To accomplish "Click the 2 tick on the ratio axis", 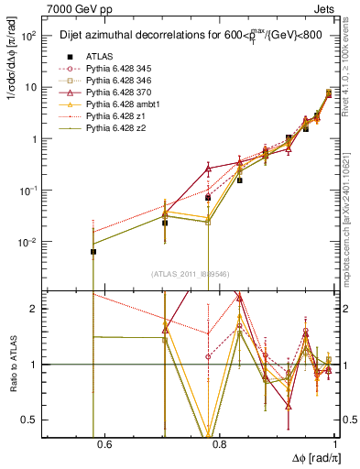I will (34, 309).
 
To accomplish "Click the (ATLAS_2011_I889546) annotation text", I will (190, 274).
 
